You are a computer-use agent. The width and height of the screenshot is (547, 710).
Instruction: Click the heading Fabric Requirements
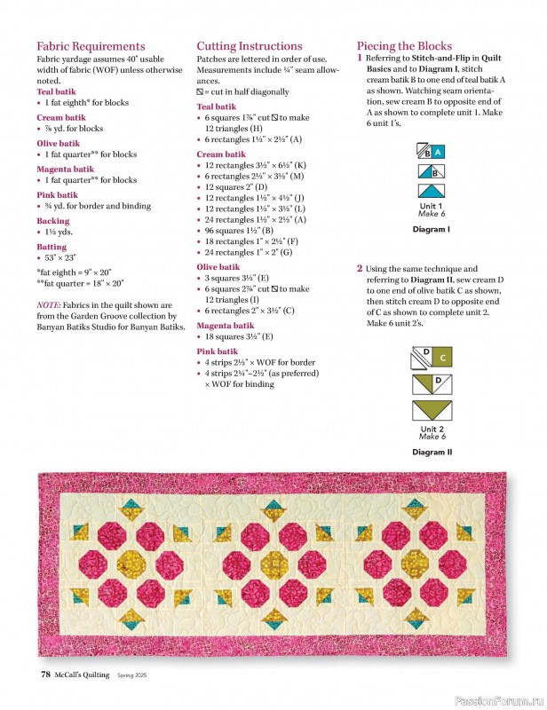91,46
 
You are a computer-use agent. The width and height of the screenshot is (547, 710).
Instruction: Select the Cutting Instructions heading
249,46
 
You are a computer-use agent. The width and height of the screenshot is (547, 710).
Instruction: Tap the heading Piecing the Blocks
404,46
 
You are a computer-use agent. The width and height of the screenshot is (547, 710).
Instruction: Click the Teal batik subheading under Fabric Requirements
56,91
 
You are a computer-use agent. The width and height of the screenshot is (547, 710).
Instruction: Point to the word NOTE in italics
48,304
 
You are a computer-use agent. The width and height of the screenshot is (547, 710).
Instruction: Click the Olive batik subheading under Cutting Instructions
218,266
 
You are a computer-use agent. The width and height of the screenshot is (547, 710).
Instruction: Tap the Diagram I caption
431,229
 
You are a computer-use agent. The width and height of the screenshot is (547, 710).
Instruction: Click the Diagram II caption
431,452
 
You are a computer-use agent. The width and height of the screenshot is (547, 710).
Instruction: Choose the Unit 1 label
431,206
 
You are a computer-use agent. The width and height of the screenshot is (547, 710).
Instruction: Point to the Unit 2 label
431,429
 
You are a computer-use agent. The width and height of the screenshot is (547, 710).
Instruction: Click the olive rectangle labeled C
443,359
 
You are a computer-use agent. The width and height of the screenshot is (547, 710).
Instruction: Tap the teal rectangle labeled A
437,153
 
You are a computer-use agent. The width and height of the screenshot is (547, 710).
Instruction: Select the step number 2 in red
360,269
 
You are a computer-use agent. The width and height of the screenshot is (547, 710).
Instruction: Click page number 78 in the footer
44,674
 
